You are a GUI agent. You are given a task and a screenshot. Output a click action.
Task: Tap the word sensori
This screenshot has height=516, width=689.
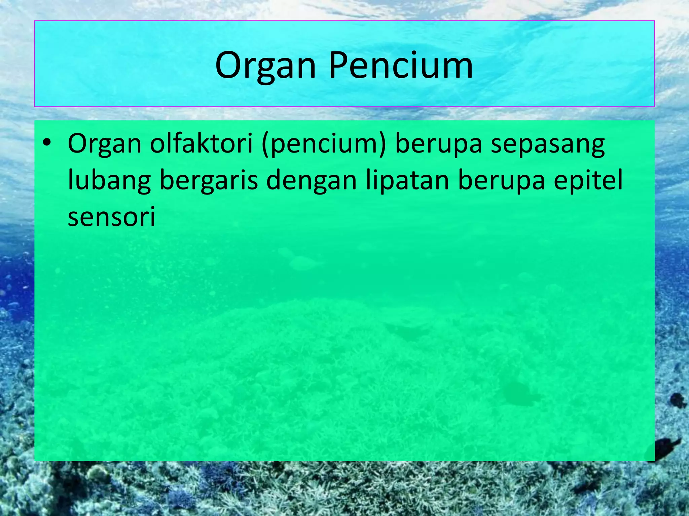click(111, 217)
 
